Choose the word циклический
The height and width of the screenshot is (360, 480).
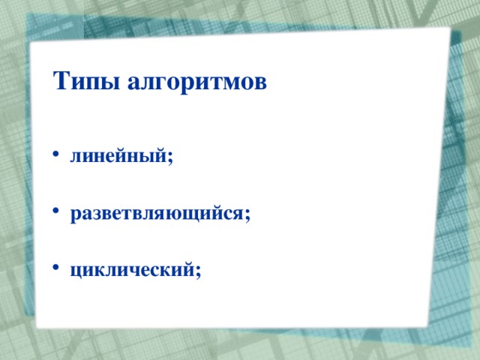pos(132,270)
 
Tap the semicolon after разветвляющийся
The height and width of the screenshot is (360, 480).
pos(247,214)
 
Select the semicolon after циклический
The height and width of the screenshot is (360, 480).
pos(198,271)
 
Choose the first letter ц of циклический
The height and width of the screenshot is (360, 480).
pos(76,271)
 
